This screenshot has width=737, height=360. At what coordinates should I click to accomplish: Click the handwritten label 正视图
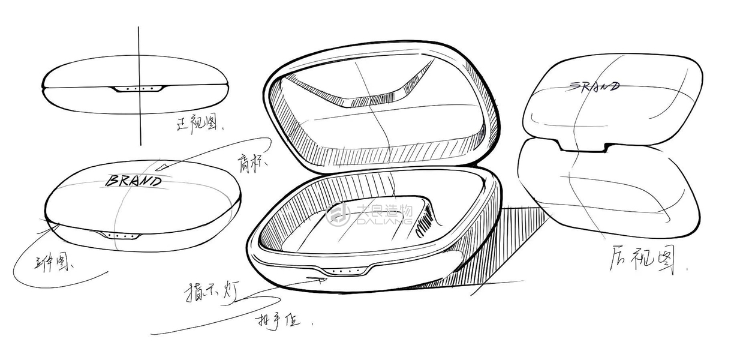(198, 125)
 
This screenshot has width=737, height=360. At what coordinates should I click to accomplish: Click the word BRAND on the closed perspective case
(133, 180)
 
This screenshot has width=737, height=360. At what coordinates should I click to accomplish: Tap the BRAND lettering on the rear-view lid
(593, 86)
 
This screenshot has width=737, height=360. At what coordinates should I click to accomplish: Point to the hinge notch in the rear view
(582, 145)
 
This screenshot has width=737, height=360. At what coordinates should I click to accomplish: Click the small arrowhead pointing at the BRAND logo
(163, 166)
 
